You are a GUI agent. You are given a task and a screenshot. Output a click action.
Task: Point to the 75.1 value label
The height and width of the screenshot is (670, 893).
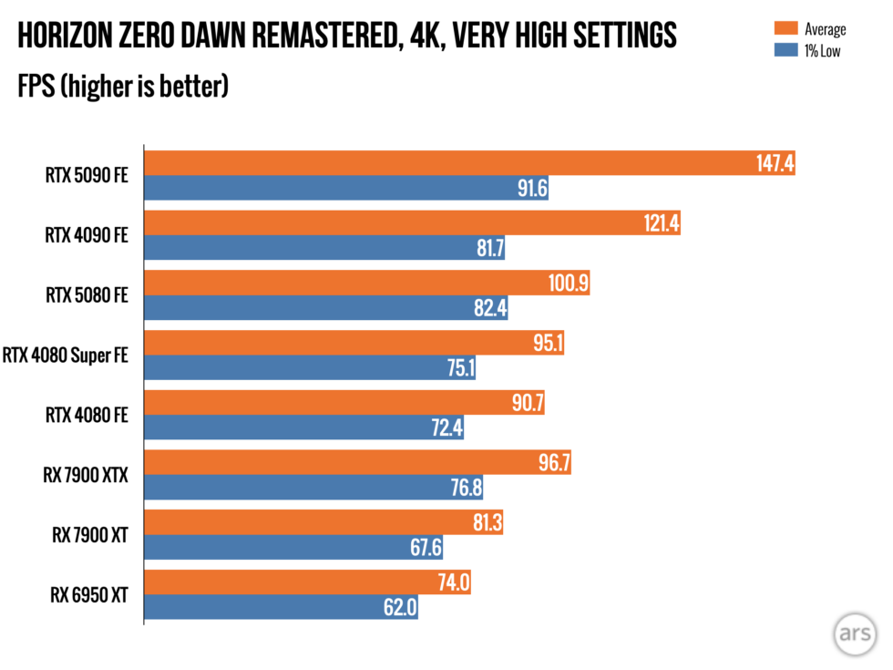tap(456, 367)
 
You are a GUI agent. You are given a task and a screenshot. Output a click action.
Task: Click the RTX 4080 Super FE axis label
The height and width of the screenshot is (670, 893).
tap(66, 355)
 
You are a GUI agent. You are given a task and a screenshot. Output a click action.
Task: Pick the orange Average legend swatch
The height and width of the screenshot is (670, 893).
tap(781, 28)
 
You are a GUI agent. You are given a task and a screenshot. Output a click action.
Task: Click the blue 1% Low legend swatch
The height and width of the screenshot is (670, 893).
tap(781, 49)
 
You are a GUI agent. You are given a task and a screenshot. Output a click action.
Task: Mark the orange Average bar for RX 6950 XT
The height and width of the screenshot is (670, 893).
tap(308, 582)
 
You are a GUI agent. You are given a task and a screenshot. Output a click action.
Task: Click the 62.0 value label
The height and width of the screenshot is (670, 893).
tap(398, 608)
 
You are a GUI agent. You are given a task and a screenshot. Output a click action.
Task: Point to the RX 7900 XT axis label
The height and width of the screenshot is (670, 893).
tap(89, 535)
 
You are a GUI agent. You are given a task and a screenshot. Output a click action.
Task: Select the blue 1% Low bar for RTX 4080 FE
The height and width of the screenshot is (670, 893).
tap(304, 428)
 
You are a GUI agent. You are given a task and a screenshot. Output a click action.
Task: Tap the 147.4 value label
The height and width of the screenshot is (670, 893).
tap(775, 163)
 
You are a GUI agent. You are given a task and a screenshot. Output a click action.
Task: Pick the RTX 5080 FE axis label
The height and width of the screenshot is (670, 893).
tap(87, 295)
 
